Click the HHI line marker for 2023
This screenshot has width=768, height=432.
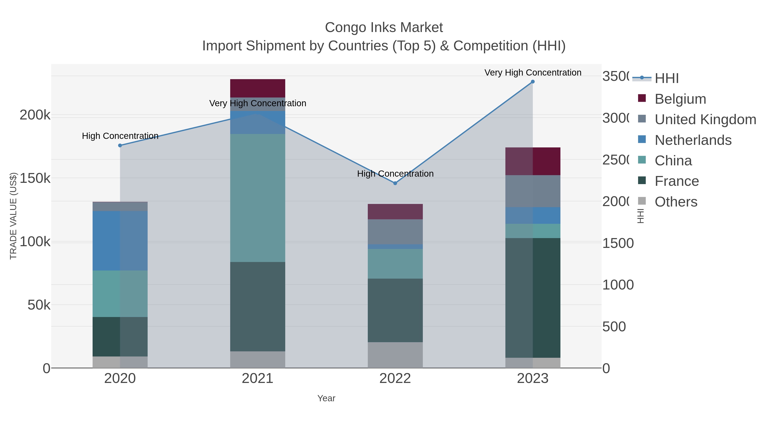(532, 82)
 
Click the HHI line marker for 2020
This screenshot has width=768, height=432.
(120, 145)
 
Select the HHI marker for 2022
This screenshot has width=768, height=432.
(395, 183)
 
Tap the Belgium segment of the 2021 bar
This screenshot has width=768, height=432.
(257, 88)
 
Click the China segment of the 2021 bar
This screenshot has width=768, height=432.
(257, 198)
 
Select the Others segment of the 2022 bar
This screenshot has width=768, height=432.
(395, 355)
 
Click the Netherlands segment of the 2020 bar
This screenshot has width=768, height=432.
(120, 241)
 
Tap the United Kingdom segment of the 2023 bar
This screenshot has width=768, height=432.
(532, 191)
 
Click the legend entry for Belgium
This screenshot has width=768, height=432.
(680, 99)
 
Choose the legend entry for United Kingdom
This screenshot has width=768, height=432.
(705, 119)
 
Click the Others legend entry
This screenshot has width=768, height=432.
(676, 202)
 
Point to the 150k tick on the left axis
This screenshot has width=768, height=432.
(35, 179)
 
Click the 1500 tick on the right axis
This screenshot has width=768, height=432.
(618, 243)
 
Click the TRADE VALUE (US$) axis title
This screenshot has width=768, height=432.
(13, 216)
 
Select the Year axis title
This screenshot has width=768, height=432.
(326, 398)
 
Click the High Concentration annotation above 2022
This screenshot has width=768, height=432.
(395, 173)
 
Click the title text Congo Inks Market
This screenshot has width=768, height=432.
(384, 28)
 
